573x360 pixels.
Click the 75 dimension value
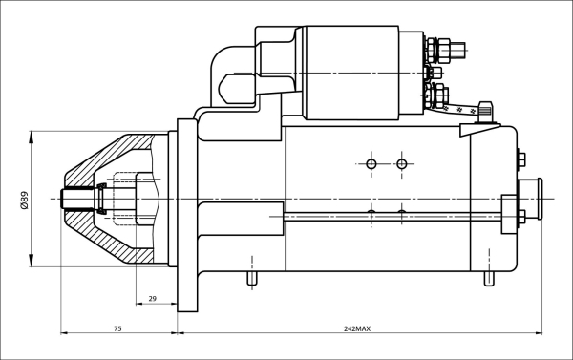coord(117,328)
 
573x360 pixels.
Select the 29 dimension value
coord(152,299)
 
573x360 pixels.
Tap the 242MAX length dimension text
coord(357,328)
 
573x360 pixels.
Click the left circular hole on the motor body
coord(371,164)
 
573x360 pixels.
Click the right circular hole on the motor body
coord(402,164)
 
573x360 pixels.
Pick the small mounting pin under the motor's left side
coord(252,278)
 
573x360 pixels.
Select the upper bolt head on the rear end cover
coord(520,159)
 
